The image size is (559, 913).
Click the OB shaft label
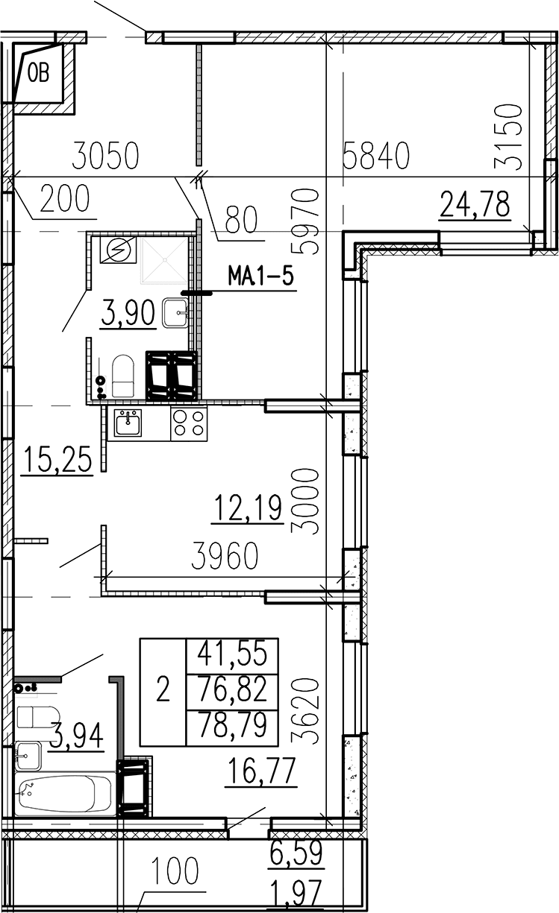39,75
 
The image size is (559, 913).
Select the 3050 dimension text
105,155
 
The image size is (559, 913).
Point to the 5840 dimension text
376,155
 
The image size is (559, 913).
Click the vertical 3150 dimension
508,137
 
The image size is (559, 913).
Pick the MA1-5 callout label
261,277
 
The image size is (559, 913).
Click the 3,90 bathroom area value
128,312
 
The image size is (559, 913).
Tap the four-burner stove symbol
189,423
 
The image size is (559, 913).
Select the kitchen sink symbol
128,423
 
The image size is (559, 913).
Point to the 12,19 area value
248,508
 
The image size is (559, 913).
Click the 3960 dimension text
225,555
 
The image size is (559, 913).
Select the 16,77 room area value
261,771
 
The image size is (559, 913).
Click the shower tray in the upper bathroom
164,259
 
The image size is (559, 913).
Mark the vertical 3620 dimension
305,711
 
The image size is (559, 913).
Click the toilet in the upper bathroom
123,376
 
